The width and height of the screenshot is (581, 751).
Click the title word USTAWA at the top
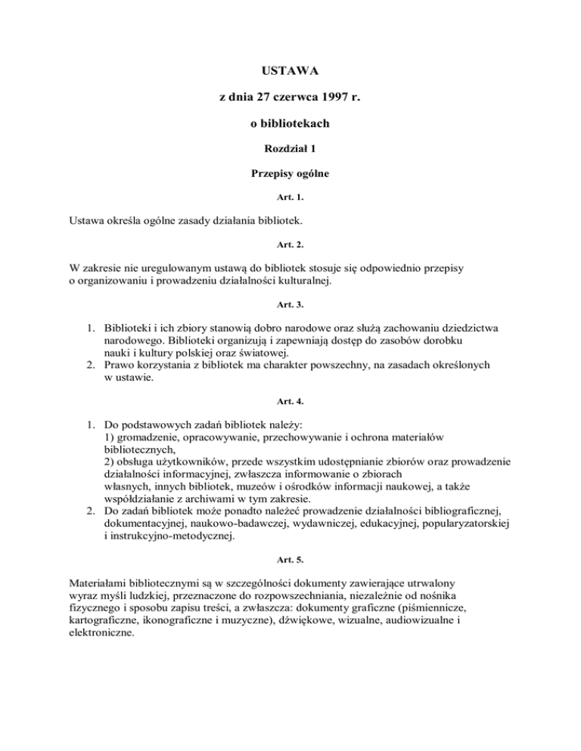[290, 72]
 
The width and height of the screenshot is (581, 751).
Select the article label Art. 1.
[290, 199]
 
